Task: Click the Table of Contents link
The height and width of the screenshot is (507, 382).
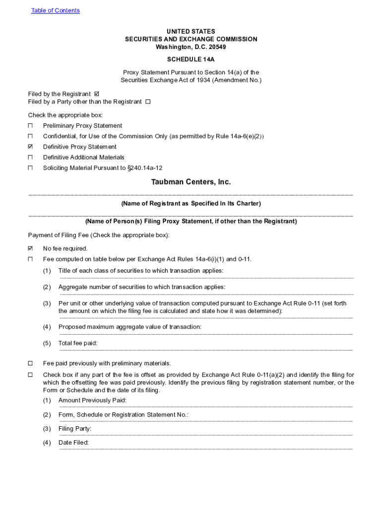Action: (55, 10)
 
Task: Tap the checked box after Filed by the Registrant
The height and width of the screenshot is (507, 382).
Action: (97, 94)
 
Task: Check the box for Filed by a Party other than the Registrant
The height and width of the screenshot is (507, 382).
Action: (148, 102)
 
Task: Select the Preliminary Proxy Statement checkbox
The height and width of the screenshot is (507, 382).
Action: (30, 126)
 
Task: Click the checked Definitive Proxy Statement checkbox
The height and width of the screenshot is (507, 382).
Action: (30, 147)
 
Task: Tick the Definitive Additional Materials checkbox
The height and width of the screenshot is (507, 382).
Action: (30, 157)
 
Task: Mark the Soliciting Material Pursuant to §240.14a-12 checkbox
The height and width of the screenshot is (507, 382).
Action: (30, 168)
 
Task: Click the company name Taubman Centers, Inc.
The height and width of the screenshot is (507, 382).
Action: (191, 182)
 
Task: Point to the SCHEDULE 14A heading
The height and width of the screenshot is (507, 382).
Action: (191, 59)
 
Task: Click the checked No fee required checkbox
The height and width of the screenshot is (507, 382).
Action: (30, 248)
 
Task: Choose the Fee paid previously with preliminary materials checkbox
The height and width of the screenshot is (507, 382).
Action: (30, 363)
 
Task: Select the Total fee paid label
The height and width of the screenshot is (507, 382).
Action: (78, 343)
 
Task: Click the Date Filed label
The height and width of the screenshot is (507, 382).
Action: (73, 443)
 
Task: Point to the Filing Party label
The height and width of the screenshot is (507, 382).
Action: (75, 429)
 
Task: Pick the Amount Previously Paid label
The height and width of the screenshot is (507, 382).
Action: (92, 400)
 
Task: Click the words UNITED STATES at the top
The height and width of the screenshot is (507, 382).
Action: (191, 31)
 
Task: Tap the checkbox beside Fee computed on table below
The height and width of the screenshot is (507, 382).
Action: (30, 259)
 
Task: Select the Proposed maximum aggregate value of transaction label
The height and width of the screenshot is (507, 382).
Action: (130, 327)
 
